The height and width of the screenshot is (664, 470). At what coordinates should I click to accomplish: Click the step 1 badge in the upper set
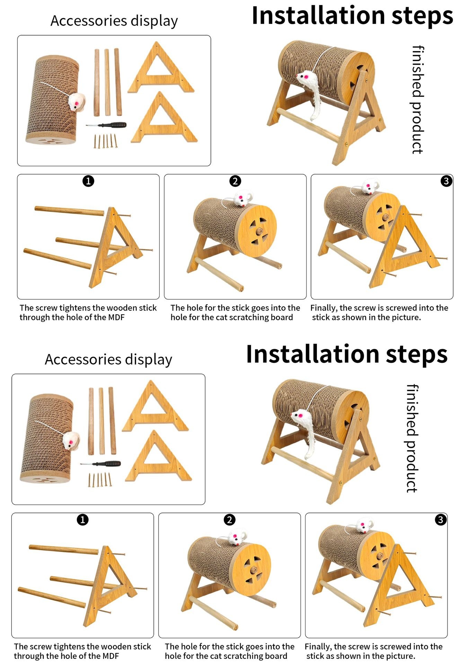88,181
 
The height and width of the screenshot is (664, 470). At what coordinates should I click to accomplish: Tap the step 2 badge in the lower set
229,519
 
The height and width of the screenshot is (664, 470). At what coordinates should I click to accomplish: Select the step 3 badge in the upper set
446,181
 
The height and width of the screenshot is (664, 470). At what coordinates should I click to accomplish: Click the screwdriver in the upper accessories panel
106,125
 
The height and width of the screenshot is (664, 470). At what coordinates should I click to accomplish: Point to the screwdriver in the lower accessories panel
100,463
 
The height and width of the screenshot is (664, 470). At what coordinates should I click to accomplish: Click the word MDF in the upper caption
116,317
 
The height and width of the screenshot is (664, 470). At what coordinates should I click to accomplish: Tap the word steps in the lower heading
417,354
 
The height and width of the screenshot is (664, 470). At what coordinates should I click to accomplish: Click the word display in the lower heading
149,360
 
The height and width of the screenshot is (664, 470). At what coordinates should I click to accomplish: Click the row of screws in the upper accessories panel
105,141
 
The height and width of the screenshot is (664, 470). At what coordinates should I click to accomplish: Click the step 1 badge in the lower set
82,519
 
